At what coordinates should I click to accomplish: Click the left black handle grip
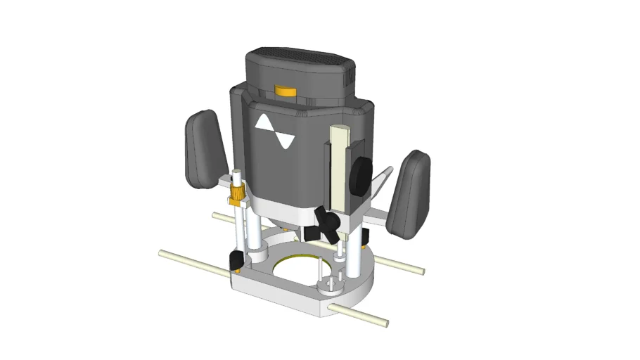205,148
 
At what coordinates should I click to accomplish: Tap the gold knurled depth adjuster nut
236,195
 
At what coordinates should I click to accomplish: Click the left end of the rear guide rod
217,215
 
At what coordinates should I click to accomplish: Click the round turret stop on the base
328,285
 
